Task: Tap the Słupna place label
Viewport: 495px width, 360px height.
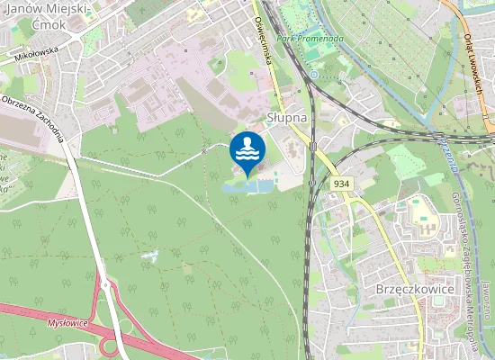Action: (287, 117)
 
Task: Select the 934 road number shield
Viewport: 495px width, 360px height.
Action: (340, 183)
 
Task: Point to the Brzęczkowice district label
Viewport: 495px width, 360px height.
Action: (410, 290)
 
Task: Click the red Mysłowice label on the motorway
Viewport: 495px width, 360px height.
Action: (68, 320)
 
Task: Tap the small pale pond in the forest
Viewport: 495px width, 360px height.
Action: (149, 257)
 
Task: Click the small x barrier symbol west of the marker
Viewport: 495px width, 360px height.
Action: (204, 151)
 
